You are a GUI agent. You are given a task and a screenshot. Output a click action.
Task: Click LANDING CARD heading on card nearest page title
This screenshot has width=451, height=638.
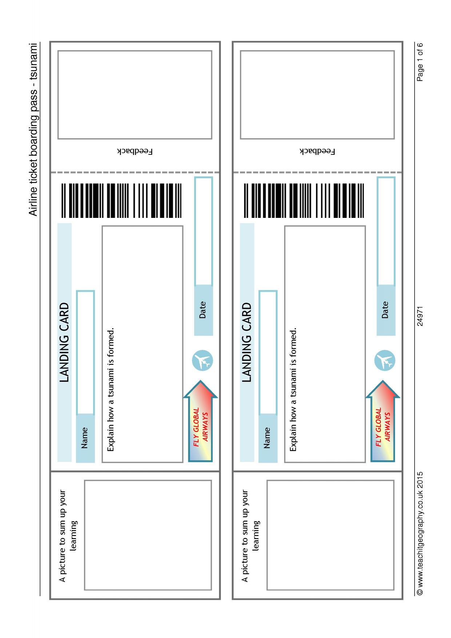[64, 342]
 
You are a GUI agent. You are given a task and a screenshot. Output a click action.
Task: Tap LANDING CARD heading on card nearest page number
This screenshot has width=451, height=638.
[247, 342]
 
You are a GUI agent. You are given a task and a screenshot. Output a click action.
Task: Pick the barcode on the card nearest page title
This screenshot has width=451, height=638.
[121, 200]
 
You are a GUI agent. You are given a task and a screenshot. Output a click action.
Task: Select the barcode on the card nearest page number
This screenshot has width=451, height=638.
[304, 200]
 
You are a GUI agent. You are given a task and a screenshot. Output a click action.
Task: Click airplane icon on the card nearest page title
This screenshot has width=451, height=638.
[202, 360]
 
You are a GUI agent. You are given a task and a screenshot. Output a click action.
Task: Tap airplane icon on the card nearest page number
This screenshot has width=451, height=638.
[385, 360]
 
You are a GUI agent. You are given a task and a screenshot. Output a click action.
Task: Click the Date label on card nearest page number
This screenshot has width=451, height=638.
[385, 310]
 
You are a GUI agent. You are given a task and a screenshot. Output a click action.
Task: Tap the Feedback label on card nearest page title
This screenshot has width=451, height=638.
[135, 151]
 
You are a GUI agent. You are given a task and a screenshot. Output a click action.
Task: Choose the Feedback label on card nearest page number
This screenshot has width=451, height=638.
[317, 151]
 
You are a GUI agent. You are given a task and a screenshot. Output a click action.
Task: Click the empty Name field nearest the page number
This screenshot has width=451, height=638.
[268, 352]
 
